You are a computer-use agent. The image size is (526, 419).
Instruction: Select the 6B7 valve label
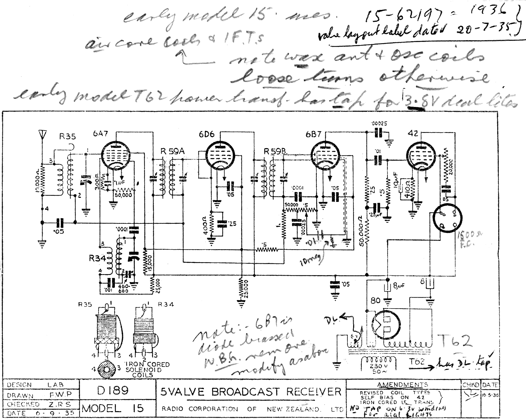tap(314, 134)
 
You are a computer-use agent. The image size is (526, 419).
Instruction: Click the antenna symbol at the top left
tap(42, 135)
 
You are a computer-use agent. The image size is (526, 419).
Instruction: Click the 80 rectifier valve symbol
tap(386, 325)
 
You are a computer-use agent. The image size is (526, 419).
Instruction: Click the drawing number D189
tap(113, 391)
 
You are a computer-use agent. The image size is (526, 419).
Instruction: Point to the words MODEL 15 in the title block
tap(113, 408)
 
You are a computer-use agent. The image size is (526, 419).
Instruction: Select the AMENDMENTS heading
tap(402, 385)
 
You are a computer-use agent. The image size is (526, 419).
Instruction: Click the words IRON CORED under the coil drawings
tap(147, 364)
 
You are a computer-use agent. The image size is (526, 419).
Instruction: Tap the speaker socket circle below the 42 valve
tap(447, 218)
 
